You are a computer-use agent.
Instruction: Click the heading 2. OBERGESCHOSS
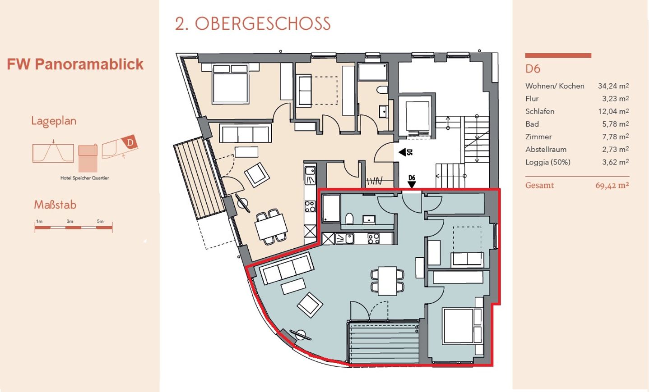click(253, 24)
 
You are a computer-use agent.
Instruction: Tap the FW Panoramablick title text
click(75, 64)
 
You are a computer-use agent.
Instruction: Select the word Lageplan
click(54, 121)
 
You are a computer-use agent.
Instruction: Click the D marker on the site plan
click(130, 142)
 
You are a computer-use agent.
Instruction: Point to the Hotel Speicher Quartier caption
click(84, 178)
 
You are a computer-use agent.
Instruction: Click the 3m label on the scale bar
click(70, 221)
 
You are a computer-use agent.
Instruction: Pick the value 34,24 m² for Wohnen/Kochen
click(613, 86)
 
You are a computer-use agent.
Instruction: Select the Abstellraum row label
click(546, 150)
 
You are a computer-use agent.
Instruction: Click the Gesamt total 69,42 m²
click(612, 186)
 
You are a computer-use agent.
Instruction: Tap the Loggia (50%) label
click(548, 162)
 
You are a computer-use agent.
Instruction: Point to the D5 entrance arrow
click(403, 152)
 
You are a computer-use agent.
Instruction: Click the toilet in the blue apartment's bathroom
click(349, 219)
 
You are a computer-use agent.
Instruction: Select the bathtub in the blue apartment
click(331, 208)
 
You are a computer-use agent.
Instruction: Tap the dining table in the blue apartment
click(387, 281)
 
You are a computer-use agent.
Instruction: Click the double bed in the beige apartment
click(230, 84)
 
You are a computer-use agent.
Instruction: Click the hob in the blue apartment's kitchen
click(374, 239)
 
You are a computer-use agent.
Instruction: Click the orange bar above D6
click(558, 55)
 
